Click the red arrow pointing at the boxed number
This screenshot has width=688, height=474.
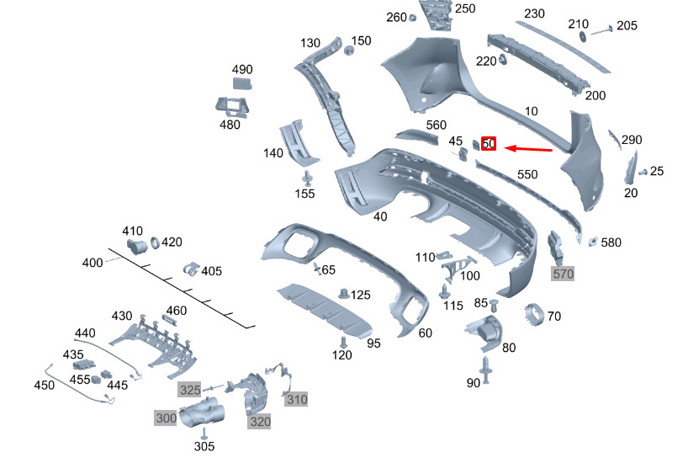point(528,149)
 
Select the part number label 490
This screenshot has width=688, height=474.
point(242,69)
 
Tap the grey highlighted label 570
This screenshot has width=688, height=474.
point(561,273)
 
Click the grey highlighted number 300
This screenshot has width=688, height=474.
point(166,417)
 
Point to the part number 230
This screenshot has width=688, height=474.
point(535,13)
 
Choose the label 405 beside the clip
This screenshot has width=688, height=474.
point(211,271)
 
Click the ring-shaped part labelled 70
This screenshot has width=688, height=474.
point(532,315)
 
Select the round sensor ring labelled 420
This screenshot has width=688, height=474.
point(155,244)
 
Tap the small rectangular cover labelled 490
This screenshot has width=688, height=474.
point(241,83)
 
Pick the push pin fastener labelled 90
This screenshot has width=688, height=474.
point(486,367)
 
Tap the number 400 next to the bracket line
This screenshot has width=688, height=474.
point(93,264)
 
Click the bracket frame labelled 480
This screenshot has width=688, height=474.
point(234,107)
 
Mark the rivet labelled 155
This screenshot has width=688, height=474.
point(307,178)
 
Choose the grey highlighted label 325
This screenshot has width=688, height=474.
point(190,390)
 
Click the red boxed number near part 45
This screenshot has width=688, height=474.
point(489,145)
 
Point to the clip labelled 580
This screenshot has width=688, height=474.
point(593,242)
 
